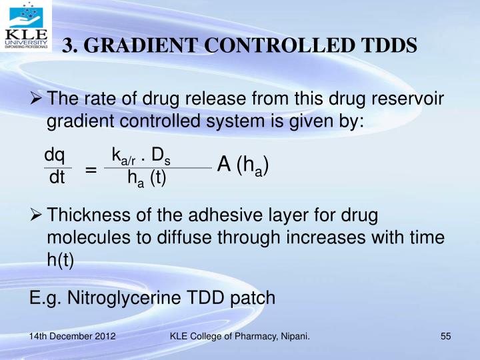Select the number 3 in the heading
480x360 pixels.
[x=67, y=45]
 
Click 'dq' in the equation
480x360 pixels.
[x=55, y=156]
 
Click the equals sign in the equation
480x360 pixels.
[x=91, y=170]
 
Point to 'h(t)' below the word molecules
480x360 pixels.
[x=60, y=261]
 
